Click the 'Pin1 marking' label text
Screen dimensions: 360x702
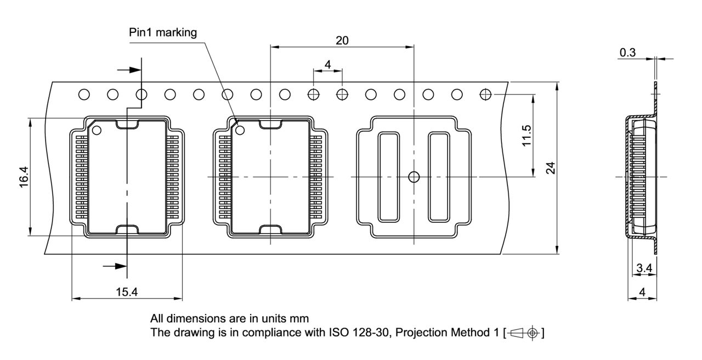pos(162,32)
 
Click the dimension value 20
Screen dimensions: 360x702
pos(342,40)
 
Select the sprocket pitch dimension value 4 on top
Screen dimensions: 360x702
pos(327,65)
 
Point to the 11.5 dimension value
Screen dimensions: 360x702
pos(526,135)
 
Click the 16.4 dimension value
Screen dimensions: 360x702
pos(24,177)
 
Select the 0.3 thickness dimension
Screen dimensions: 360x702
pos(627,53)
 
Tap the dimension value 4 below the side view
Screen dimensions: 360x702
pos(642,292)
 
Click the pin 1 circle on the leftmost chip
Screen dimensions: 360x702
pos(97,130)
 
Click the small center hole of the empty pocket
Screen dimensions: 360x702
pos(414,176)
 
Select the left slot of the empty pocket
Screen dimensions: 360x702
pos(388,177)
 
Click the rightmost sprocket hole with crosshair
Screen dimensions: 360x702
pos(485,94)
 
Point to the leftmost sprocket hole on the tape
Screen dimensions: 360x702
pos(84,94)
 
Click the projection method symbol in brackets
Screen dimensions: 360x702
pos(524,333)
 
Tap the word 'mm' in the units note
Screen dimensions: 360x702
pos(301,318)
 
